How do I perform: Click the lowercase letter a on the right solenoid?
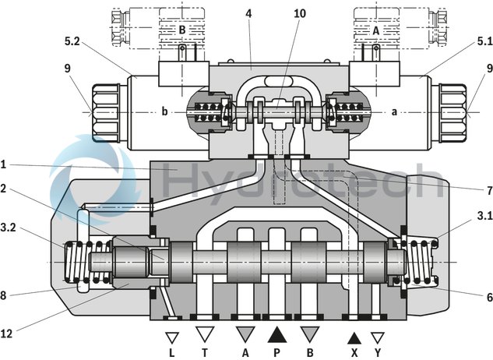(x=395, y=111)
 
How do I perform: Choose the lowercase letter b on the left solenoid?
(x=165, y=111)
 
